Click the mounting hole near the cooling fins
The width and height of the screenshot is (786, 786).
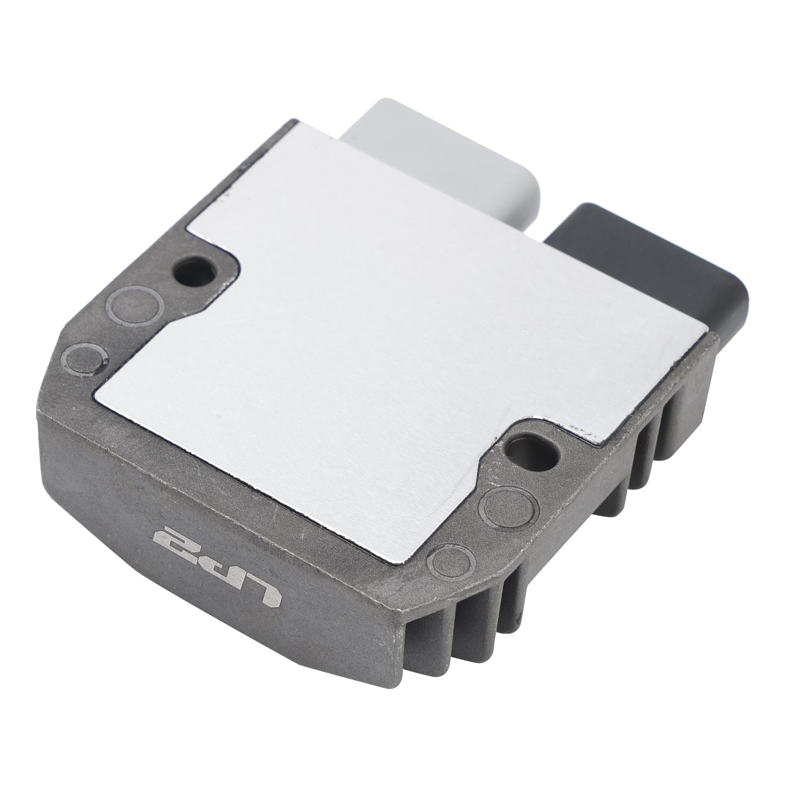[x=533, y=449]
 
